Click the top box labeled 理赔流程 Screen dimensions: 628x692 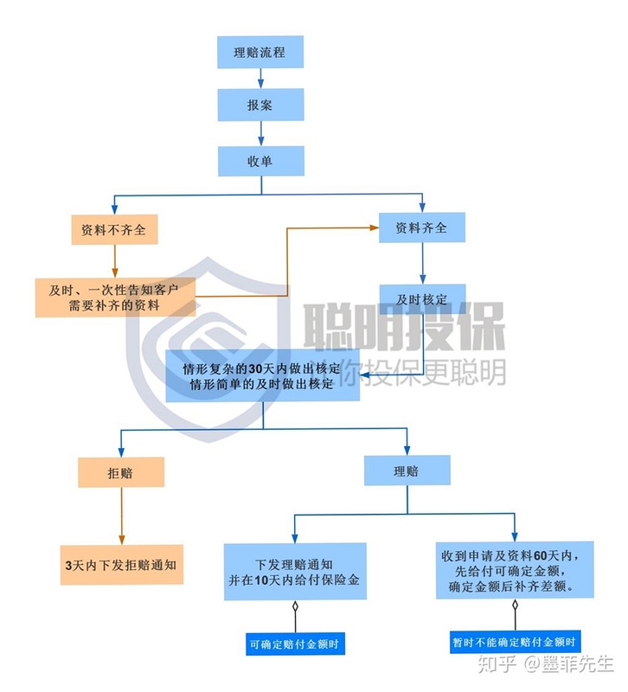point(260,52)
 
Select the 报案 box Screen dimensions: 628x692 point(260,105)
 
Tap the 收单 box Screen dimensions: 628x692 point(261,161)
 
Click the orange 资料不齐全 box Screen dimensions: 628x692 point(114,229)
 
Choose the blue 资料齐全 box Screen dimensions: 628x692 point(422,227)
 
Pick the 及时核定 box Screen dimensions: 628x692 point(422,298)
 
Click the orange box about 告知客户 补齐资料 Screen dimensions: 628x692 point(115,297)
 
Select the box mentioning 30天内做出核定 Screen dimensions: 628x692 point(263,375)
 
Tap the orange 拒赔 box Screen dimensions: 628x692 point(121,472)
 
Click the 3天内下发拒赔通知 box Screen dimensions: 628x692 point(121,565)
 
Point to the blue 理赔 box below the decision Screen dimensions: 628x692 point(407,471)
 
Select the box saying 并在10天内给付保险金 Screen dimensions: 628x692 point(295,572)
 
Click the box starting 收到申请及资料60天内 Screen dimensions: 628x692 point(515,570)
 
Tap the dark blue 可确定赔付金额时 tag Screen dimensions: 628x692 point(295,644)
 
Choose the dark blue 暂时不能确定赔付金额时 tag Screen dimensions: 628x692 point(515,642)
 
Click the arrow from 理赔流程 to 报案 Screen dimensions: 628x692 point(260,78)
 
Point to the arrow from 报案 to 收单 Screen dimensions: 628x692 point(261,133)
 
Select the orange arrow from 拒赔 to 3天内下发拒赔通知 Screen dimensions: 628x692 point(121,516)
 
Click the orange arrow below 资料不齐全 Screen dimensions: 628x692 point(115,261)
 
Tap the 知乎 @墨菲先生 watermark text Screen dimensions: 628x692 point(547,663)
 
